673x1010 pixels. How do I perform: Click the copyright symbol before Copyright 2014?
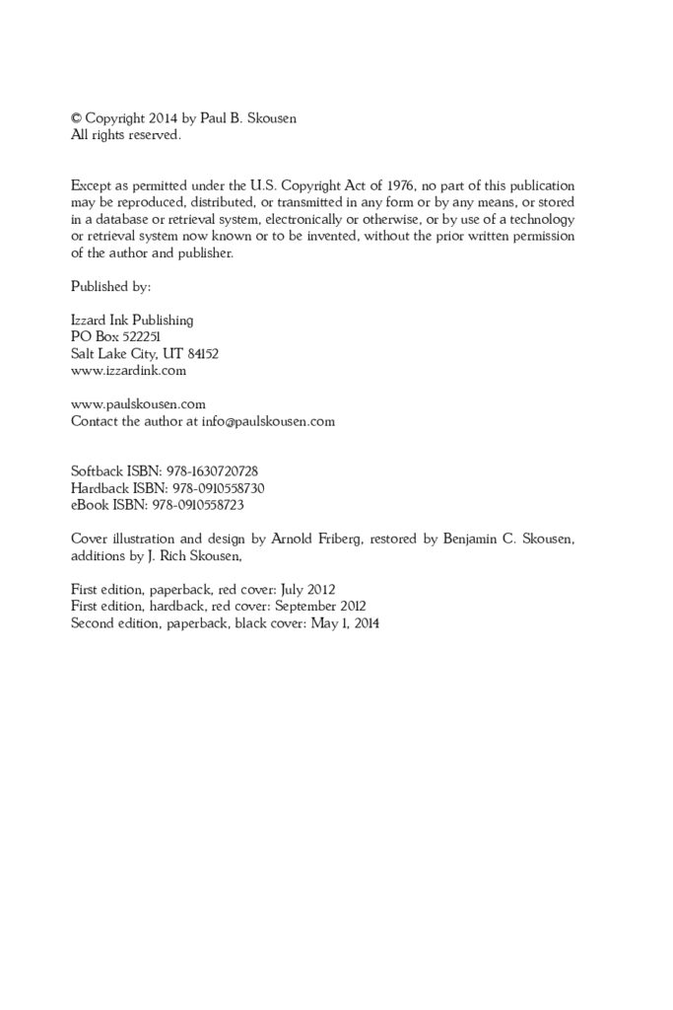[x=77, y=119]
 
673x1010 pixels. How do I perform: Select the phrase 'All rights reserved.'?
[x=126, y=135]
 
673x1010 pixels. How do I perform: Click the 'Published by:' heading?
[x=110, y=286]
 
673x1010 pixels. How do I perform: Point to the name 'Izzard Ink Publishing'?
[x=132, y=320]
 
